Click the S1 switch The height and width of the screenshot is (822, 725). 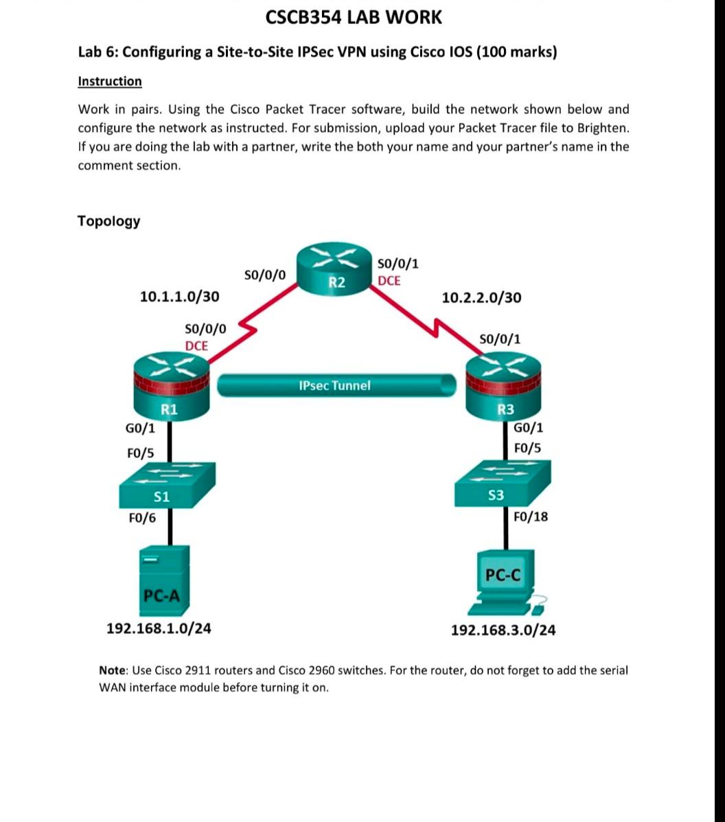(166, 484)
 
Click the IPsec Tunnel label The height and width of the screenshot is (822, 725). (334, 385)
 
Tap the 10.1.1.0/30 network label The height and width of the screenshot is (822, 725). (180, 297)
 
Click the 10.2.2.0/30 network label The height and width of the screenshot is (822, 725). (481, 297)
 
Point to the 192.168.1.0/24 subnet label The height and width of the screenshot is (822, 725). (159, 627)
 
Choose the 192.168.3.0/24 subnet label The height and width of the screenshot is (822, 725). (503, 630)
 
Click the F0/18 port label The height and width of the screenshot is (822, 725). (531, 516)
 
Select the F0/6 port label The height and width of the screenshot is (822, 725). (141, 518)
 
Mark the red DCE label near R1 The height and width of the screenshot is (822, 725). (196, 345)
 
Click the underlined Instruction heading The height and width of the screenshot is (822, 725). (110, 81)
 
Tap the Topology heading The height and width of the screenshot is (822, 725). (108, 221)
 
